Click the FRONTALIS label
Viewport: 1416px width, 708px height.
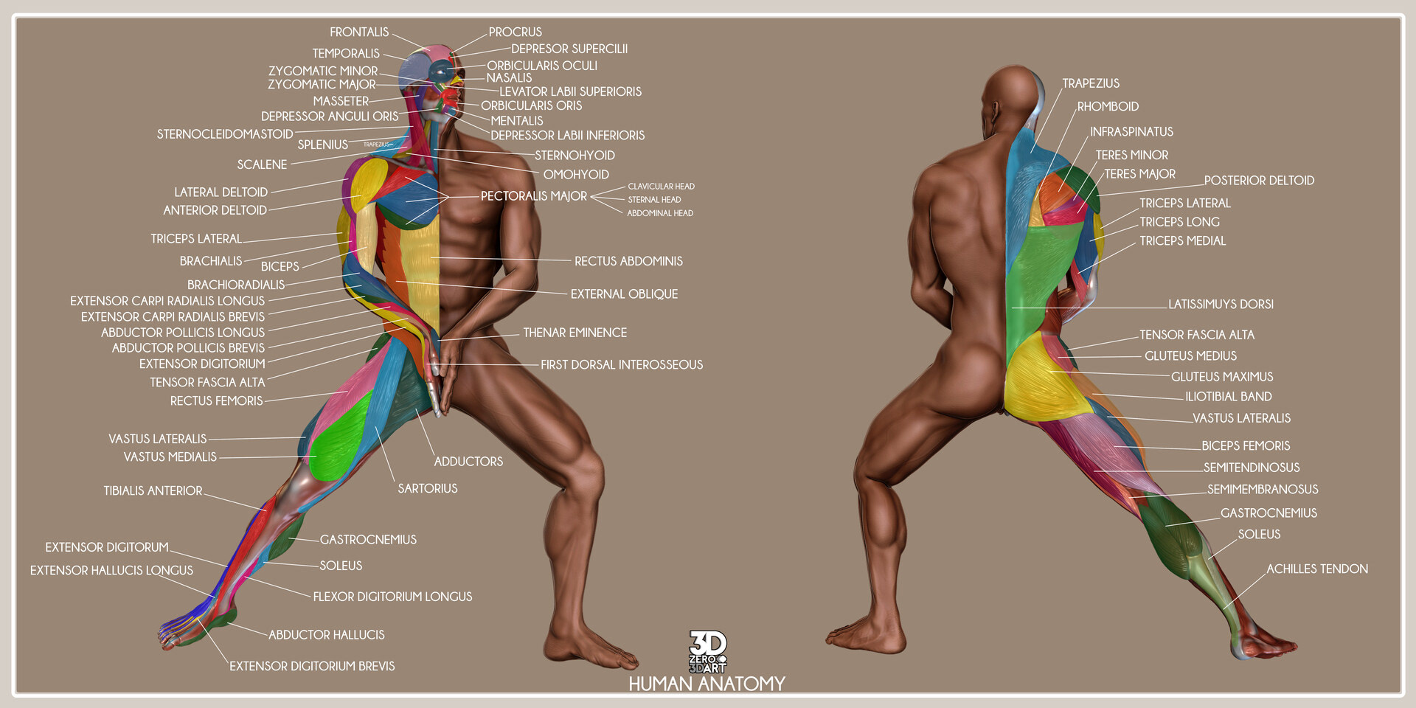(x=359, y=32)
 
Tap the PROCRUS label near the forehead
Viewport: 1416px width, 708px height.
(x=515, y=32)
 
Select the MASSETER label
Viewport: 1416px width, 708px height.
(x=341, y=101)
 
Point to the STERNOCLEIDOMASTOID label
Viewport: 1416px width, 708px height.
(x=225, y=134)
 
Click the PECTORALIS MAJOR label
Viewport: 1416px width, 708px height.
(x=534, y=196)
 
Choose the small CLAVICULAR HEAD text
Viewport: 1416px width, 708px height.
(x=661, y=187)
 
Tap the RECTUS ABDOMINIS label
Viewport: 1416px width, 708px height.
(x=628, y=261)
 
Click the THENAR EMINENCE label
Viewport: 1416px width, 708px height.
(x=575, y=333)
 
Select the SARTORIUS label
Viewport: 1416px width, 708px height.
(x=428, y=488)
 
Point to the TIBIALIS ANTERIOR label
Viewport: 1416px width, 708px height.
(x=153, y=490)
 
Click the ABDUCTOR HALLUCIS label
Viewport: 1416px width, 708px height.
(x=326, y=635)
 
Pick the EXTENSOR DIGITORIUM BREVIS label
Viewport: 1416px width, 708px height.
(x=312, y=666)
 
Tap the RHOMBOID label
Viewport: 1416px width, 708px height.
(x=1108, y=107)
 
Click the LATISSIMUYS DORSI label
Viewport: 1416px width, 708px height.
(x=1221, y=304)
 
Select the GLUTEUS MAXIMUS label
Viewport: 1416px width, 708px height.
(x=1222, y=377)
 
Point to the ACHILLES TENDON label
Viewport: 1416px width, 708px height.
(x=1317, y=569)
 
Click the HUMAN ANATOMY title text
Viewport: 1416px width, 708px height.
(x=707, y=684)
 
